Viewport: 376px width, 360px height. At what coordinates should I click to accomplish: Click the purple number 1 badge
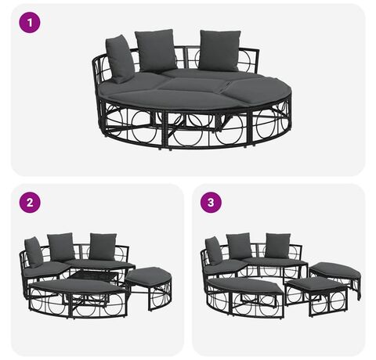click(30, 23)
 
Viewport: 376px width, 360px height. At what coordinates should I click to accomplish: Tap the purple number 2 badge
click(30, 203)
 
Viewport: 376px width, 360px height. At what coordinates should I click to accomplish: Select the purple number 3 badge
click(211, 203)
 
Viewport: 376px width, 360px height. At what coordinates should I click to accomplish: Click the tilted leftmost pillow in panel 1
click(120, 59)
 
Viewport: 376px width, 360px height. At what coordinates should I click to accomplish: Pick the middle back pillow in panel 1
click(156, 50)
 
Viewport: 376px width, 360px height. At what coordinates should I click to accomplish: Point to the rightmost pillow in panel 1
click(220, 51)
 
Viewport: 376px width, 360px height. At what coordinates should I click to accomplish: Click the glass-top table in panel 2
click(94, 277)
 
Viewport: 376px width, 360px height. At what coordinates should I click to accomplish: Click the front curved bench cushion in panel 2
click(76, 286)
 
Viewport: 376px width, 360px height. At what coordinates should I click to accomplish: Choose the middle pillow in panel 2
click(61, 247)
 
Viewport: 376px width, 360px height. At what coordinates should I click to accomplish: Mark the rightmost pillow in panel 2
click(103, 247)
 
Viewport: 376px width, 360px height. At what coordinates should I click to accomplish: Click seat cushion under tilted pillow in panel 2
click(45, 269)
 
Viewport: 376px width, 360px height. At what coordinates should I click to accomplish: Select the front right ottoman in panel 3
click(316, 295)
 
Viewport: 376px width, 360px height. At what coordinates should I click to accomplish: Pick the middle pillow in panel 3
click(239, 247)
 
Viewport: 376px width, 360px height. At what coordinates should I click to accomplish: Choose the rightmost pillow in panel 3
click(277, 246)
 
